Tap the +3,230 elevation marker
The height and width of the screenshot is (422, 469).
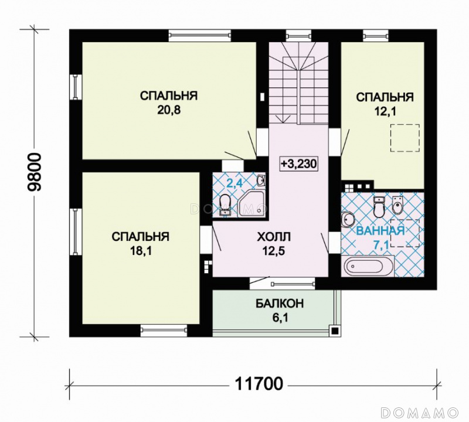point(298,164)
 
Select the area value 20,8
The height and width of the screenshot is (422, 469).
point(169,111)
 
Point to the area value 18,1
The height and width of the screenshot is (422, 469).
point(141,251)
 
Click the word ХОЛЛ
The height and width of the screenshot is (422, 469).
point(274,237)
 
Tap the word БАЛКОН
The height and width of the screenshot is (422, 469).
point(280,303)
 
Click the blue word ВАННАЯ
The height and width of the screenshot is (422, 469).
point(380,231)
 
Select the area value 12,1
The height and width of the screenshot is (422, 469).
point(385,111)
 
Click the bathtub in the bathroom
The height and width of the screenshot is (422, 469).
point(368,266)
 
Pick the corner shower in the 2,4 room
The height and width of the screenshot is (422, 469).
point(252,205)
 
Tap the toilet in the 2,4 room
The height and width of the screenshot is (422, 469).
point(225,205)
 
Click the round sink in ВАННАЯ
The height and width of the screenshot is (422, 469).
point(348,218)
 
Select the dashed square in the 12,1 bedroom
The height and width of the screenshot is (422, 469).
point(405,138)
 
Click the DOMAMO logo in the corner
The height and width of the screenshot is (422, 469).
point(420,412)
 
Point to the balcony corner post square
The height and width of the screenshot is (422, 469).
point(335,331)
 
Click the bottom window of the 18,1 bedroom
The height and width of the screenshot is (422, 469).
point(164,330)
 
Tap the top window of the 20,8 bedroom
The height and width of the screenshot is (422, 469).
point(200,35)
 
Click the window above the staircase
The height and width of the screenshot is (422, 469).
point(299,36)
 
